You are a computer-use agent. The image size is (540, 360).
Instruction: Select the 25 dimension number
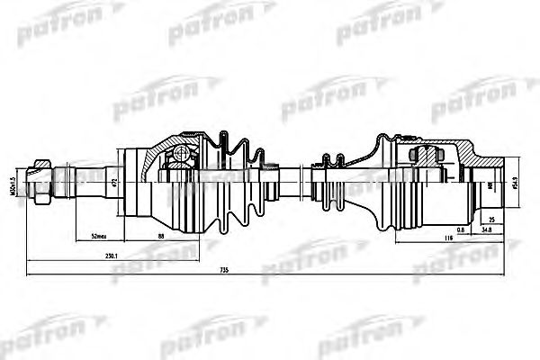coord(490,218)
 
